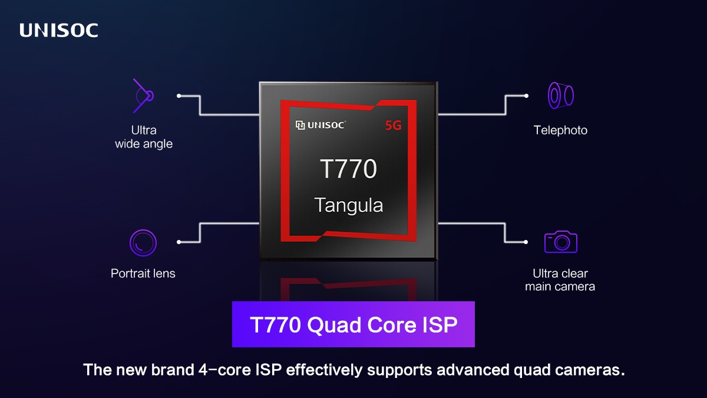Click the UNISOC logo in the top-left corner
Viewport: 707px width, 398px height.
point(59,31)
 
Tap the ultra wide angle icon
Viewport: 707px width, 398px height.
point(143,95)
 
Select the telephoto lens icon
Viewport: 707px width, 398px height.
point(560,95)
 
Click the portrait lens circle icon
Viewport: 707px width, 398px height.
point(143,242)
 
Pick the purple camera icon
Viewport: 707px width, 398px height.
point(560,242)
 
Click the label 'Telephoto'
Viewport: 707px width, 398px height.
point(560,130)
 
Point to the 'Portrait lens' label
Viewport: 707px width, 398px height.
point(143,274)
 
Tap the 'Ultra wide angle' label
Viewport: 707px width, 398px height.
point(144,137)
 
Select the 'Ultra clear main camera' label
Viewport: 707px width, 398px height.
point(560,280)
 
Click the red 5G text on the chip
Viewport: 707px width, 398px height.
point(393,125)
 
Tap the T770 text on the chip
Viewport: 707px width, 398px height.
point(349,169)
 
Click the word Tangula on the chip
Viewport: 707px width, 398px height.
point(349,205)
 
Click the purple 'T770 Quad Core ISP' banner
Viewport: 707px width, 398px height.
point(353,325)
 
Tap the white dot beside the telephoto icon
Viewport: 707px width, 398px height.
point(526,95)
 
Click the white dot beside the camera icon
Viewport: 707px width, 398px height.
point(526,242)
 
